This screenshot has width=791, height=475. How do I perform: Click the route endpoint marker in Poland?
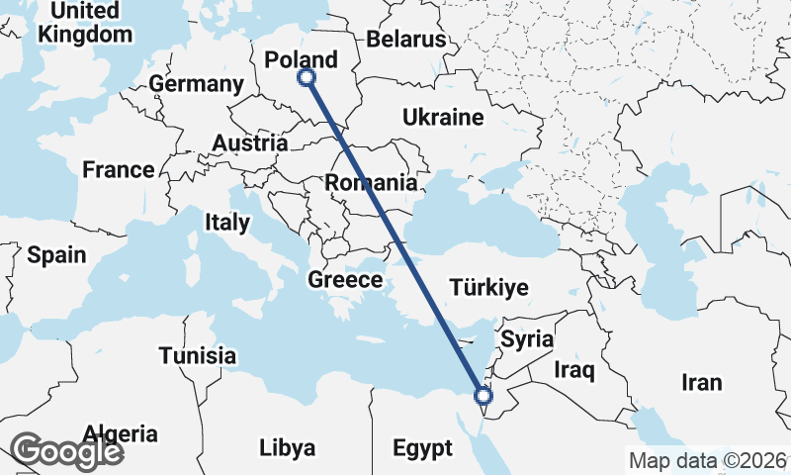tap(307, 76)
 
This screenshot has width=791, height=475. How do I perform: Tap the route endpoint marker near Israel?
tap(483, 396)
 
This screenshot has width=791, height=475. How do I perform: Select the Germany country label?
tap(198, 84)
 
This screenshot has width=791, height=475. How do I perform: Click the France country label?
tap(119, 169)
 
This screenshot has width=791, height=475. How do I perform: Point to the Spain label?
tap(56, 255)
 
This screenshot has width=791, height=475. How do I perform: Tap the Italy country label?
tap(227, 222)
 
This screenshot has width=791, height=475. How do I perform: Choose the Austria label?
tap(249, 142)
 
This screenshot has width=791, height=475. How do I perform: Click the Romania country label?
tap(371, 182)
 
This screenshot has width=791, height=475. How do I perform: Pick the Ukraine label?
tap(442, 118)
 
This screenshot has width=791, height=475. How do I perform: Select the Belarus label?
tap(406, 40)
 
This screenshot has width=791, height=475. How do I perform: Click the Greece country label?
tap(345, 280)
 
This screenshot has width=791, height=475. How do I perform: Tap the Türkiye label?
tap(489, 288)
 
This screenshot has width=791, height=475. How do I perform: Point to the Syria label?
tap(527, 339)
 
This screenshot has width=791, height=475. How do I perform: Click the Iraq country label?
tap(573, 371)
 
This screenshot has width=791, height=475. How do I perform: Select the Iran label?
tap(701, 382)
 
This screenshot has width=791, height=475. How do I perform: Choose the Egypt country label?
tap(422, 447)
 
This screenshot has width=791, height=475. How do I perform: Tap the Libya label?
tap(287, 447)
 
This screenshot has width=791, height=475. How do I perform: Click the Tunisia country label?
tap(198, 355)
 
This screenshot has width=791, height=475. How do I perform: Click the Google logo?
tap(67, 451)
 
